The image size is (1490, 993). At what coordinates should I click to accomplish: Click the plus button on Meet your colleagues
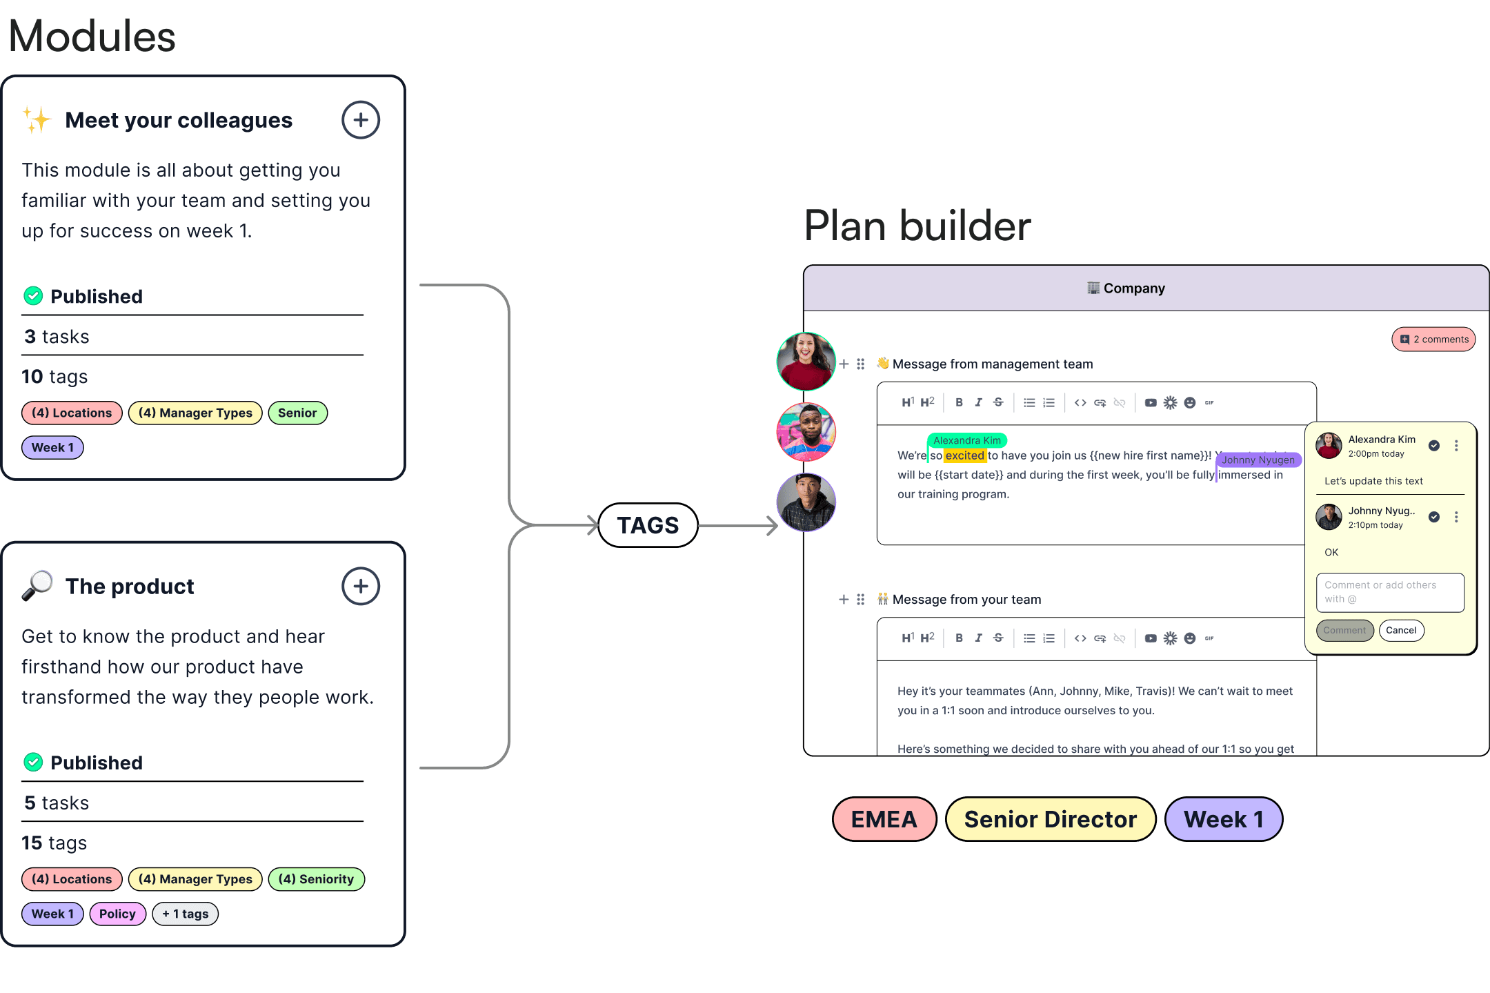point(361,120)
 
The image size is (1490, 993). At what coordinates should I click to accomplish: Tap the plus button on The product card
point(361,587)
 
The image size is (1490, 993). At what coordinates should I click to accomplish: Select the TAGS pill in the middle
point(648,525)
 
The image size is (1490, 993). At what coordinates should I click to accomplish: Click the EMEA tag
point(884,819)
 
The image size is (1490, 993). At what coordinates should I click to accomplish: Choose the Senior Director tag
point(1050,819)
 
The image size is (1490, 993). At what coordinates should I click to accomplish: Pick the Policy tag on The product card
point(117,914)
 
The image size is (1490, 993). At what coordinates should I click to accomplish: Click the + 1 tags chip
point(185,914)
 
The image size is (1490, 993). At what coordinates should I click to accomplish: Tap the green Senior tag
point(297,413)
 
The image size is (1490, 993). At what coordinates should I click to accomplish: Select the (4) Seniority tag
point(316,879)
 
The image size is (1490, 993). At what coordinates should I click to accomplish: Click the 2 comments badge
point(1433,339)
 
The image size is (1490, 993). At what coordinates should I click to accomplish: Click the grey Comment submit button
point(1344,630)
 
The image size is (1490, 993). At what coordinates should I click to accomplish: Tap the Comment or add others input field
point(1389,592)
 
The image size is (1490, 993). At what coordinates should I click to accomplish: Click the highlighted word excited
point(964,455)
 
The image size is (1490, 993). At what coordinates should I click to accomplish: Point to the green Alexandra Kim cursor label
point(966,440)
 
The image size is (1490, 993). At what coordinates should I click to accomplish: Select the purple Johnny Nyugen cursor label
point(1258,460)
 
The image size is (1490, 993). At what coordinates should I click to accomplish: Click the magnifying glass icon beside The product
point(37,586)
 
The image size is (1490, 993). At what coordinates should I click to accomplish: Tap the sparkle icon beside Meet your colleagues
point(37,120)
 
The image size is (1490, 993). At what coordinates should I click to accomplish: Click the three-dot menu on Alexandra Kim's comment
point(1456,446)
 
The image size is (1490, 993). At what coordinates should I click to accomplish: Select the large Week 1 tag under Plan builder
point(1223,819)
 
